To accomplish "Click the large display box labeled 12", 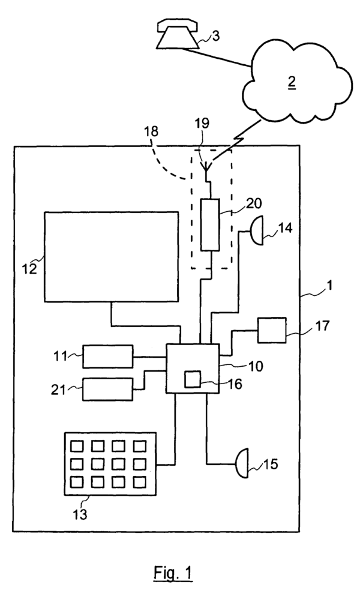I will pos(111,256).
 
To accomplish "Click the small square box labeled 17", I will pos(272,330).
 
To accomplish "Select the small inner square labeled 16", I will pos(193,380).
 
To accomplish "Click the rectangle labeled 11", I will pos(108,357).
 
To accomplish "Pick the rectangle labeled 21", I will pos(108,390).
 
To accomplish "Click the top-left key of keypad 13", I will pos(77,447).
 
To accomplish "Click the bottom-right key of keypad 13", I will pos(139,481).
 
